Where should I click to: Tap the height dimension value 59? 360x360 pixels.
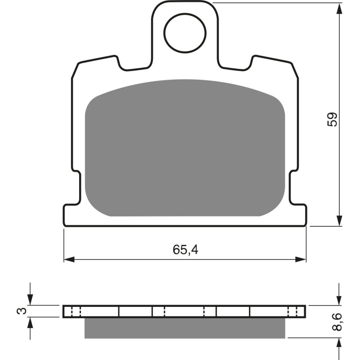[x=333, y=119]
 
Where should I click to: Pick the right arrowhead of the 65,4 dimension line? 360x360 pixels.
[x=301, y=259]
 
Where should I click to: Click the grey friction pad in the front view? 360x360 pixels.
[x=185, y=148]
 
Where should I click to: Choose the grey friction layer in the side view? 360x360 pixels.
[x=185, y=327]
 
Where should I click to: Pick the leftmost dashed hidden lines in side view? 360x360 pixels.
[x=75, y=311]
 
